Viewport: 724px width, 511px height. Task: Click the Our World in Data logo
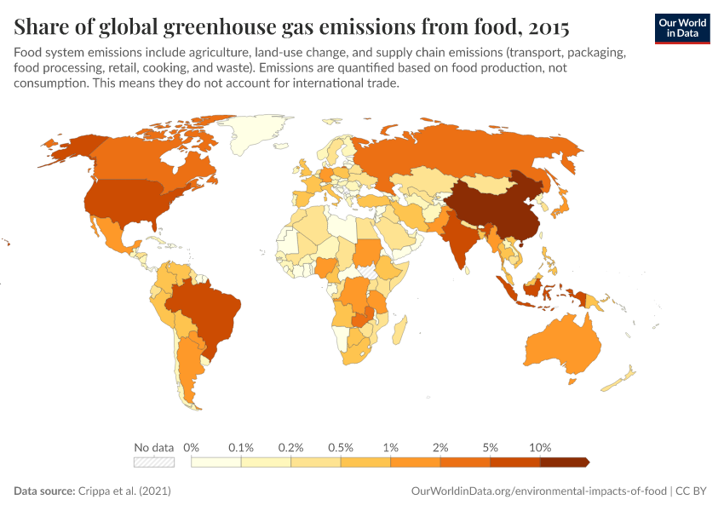pyautogui.click(x=681, y=27)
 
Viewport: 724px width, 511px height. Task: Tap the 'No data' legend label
pyautogui.click(x=153, y=447)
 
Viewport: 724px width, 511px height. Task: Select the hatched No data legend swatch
pyautogui.click(x=153, y=462)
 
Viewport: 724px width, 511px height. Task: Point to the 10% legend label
pyautogui.click(x=540, y=447)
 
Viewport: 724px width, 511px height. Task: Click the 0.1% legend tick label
pyautogui.click(x=241, y=447)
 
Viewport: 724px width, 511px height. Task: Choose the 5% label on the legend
pyautogui.click(x=491, y=447)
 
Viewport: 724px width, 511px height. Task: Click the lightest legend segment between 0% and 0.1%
pyautogui.click(x=216, y=462)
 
